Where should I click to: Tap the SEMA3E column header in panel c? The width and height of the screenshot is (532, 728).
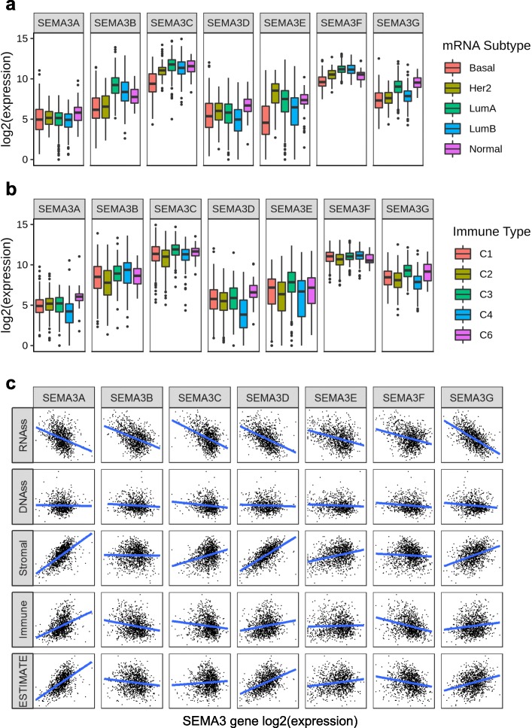click(336, 396)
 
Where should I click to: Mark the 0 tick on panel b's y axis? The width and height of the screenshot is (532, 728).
click(26, 346)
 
